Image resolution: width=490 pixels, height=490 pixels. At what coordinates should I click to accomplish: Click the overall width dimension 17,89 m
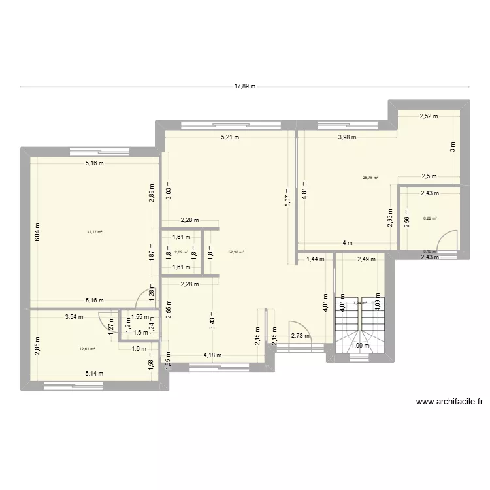coord(244,86)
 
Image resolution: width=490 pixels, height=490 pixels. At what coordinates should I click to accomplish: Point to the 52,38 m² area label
coord(236,251)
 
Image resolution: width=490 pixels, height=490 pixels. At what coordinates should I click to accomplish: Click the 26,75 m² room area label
coord(371,177)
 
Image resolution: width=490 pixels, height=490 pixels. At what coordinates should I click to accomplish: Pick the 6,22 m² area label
coord(430,219)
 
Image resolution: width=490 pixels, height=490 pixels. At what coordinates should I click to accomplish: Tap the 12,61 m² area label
coord(87,349)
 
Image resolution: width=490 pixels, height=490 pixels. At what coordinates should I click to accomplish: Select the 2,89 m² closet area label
coord(181,252)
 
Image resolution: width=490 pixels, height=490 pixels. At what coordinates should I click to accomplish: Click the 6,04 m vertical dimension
coord(37,229)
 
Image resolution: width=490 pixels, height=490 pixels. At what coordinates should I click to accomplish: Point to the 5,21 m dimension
coord(230,137)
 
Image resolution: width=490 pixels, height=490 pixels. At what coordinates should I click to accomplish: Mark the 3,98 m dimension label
coord(348,137)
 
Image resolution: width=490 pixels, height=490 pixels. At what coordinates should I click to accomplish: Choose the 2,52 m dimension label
coord(429,116)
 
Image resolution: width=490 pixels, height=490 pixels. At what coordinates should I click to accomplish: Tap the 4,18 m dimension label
coord(212,355)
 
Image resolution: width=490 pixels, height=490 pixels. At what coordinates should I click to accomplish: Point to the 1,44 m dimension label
coord(316,259)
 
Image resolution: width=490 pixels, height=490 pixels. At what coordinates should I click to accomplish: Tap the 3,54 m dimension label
coord(74,317)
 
